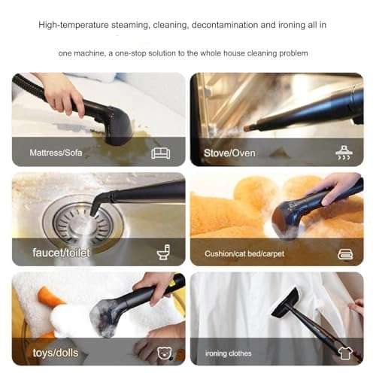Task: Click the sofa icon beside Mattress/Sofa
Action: click(x=160, y=153)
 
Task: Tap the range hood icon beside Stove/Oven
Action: click(x=344, y=153)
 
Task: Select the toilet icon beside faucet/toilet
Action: click(x=163, y=253)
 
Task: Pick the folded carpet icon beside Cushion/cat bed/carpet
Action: click(x=345, y=253)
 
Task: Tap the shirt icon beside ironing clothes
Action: click(x=345, y=352)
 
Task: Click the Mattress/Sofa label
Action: click(x=56, y=153)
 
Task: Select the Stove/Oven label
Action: click(x=229, y=153)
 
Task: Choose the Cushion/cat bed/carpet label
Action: click(x=244, y=254)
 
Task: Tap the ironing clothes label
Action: click(x=229, y=353)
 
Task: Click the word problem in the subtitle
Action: click(x=292, y=53)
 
